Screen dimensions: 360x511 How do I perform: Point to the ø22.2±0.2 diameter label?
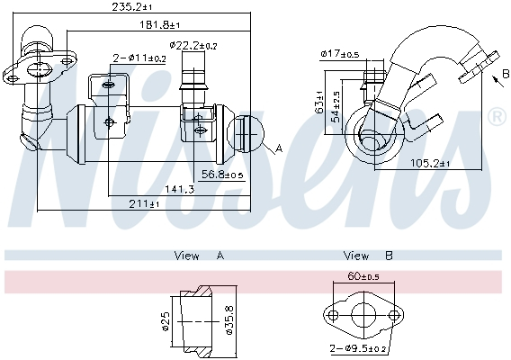click(193, 44)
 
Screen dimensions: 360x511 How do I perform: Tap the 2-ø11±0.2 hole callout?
click(139, 58)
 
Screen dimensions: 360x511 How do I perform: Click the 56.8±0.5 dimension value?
click(222, 175)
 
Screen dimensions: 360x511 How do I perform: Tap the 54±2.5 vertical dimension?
click(335, 106)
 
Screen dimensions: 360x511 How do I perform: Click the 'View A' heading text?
click(198, 256)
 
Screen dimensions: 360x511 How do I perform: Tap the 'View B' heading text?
click(369, 256)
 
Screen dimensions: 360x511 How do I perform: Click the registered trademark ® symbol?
click(496, 117)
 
